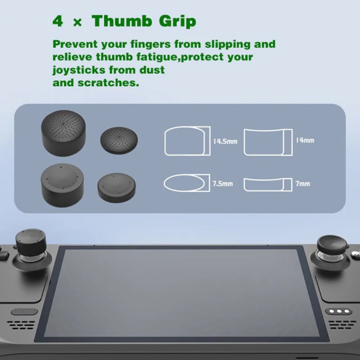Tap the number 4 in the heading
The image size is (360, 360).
58,21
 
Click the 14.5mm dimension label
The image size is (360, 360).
225,141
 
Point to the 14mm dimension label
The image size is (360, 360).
305,140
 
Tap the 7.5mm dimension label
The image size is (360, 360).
223,184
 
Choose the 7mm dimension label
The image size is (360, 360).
303,184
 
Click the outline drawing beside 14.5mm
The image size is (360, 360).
187,141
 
